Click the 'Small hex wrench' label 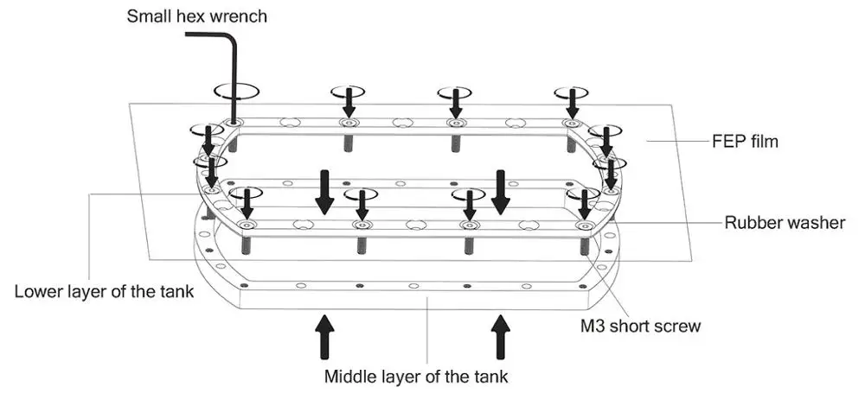pyautogui.click(x=197, y=16)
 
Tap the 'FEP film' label pyautogui.click(x=745, y=142)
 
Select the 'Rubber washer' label pyautogui.click(x=785, y=223)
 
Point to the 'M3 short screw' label pyautogui.click(x=640, y=326)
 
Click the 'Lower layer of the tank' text pyautogui.click(x=105, y=291)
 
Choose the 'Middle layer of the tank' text pyautogui.click(x=416, y=377)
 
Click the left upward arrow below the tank pyautogui.click(x=325, y=337)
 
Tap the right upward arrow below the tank pyautogui.click(x=501, y=337)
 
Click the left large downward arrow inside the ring pyautogui.click(x=325, y=193)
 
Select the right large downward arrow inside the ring pyautogui.click(x=501, y=193)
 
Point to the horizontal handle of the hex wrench pyautogui.click(x=209, y=35)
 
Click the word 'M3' pyautogui.click(x=592, y=326)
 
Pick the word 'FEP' pyautogui.click(x=727, y=142)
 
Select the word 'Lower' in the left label pyautogui.click(x=35, y=291)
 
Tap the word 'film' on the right pyautogui.click(x=764, y=142)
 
